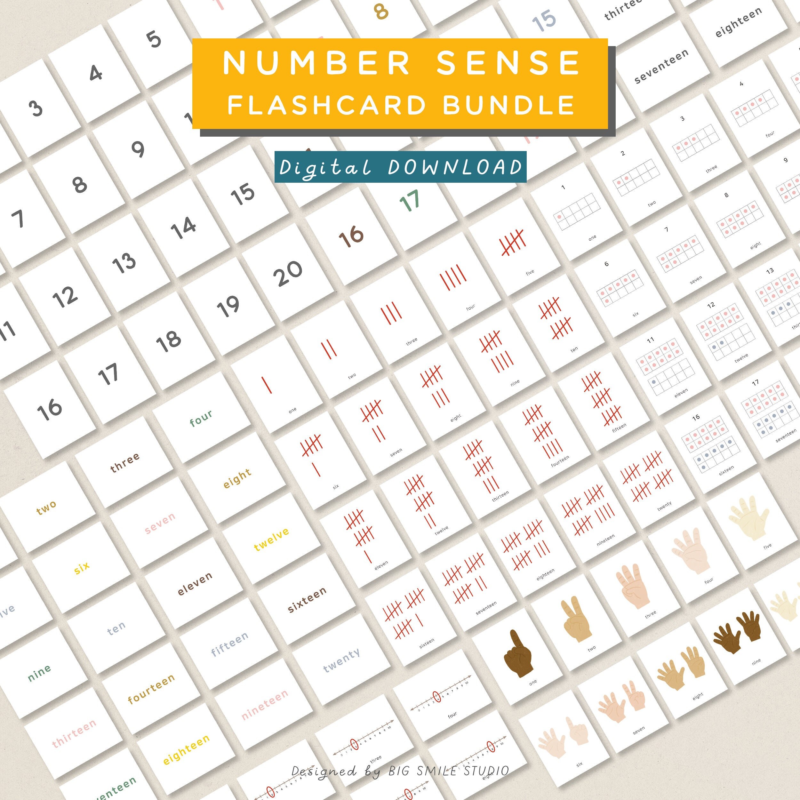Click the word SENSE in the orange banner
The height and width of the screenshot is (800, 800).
pyautogui.click(x=508, y=63)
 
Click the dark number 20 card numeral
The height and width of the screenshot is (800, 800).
pyautogui.click(x=288, y=273)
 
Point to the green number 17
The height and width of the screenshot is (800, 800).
pyautogui.click(x=410, y=201)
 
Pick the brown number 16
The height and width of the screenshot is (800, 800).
pyautogui.click(x=351, y=236)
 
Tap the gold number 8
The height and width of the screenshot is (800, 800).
pyautogui.click(x=381, y=11)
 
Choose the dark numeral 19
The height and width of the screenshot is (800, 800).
pyautogui.click(x=228, y=307)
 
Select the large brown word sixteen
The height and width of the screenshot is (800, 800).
pyautogui.click(x=307, y=600)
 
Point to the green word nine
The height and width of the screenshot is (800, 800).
pyautogui.click(x=39, y=673)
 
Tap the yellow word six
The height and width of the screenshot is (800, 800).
pyautogui.click(x=82, y=568)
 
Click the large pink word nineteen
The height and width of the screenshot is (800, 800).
pyautogui.click(x=265, y=704)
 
